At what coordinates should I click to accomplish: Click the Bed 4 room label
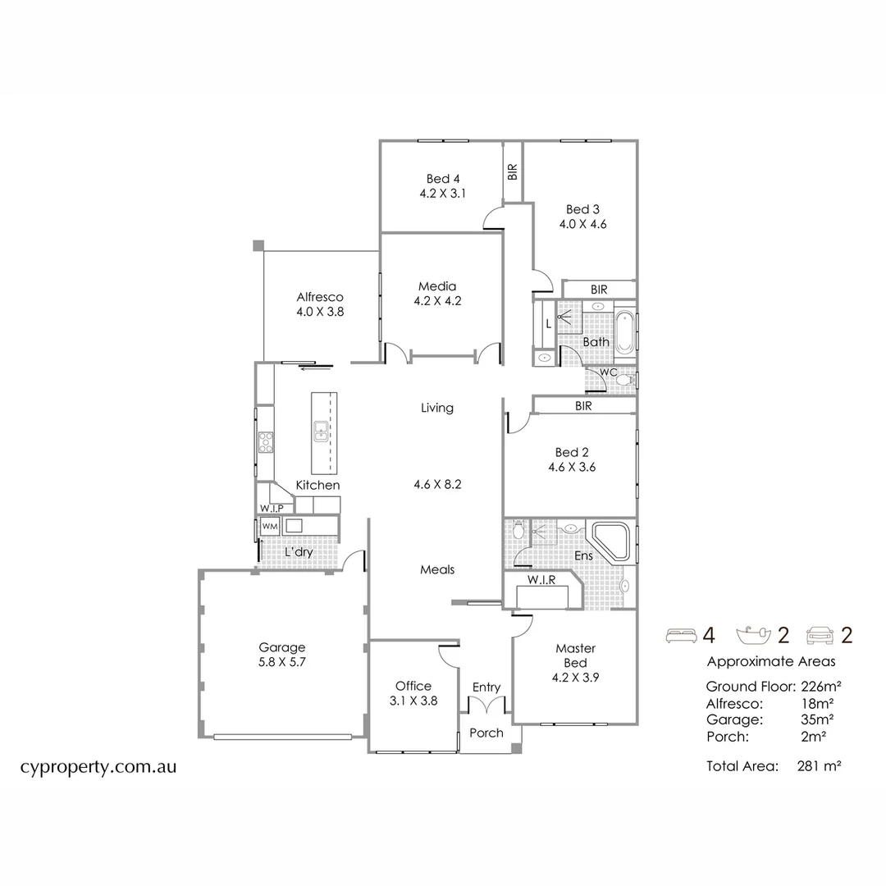(x=443, y=179)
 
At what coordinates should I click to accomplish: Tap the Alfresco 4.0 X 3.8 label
(x=320, y=304)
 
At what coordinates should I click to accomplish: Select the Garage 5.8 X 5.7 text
(x=282, y=655)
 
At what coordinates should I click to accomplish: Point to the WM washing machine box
(x=270, y=527)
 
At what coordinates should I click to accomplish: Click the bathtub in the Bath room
(x=624, y=332)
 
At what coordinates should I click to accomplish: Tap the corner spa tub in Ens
(x=611, y=542)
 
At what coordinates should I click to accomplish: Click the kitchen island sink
(x=321, y=432)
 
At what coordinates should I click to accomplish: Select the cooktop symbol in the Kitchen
(x=266, y=442)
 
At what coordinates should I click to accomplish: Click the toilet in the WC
(x=625, y=380)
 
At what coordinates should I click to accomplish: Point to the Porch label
(x=486, y=733)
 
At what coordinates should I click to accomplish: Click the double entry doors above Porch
(x=486, y=706)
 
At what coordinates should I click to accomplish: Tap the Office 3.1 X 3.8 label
(x=413, y=693)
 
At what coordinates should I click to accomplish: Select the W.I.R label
(x=541, y=580)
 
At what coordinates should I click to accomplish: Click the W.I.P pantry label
(x=272, y=509)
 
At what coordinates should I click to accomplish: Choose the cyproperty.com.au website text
(x=98, y=767)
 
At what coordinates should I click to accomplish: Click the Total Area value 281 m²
(x=819, y=765)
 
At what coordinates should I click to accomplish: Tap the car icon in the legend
(x=820, y=635)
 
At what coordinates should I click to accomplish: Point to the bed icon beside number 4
(x=682, y=636)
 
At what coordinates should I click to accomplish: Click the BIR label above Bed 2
(x=583, y=406)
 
